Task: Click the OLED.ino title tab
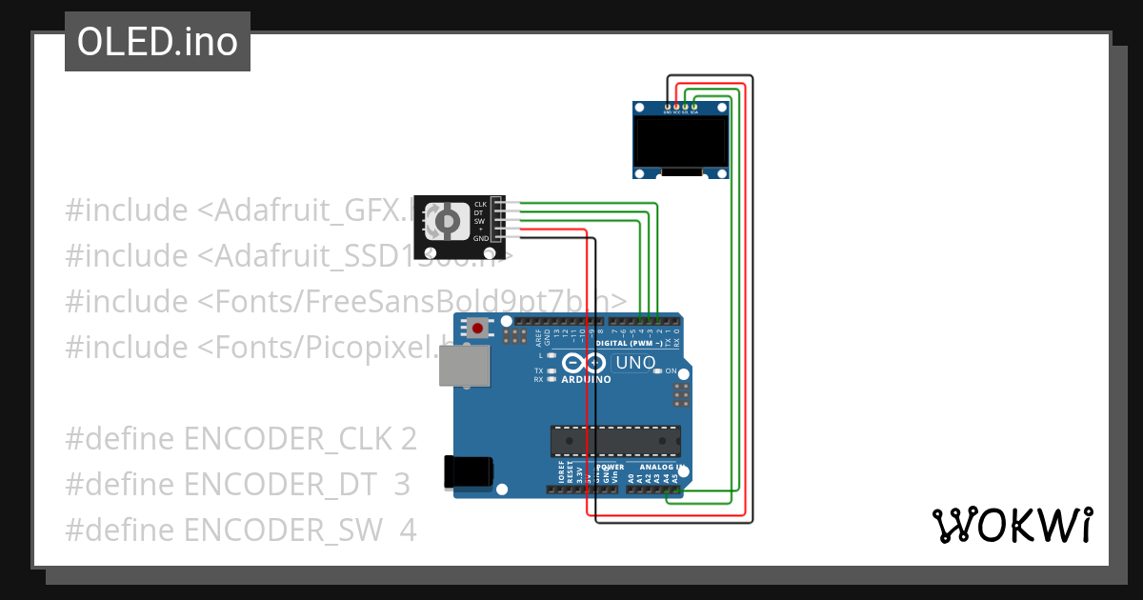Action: [x=157, y=42]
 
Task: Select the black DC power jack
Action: [x=469, y=472]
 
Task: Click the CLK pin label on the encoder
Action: [x=480, y=204]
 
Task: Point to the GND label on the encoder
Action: [x=480, y=238]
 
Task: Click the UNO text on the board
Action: [x=635, y=363]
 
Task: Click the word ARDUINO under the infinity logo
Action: [x=587, y=379]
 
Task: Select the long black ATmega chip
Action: [x=615, y=442]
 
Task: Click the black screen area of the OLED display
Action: [x=681, y=140]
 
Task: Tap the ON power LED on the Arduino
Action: [x=658, y=371]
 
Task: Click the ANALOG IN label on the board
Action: [x=661, y=468]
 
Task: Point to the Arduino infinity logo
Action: [x=583, y=363]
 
